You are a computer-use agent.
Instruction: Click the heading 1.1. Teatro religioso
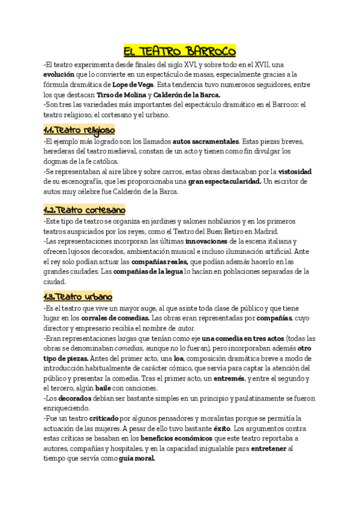[x=79, y=130]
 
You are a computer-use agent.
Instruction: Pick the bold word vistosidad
[x=292, y=172]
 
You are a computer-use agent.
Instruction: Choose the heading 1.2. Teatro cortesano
[x=84, y=210]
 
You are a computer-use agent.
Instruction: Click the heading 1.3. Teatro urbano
[x=78, y=297]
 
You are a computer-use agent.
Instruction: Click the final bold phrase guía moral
[x=137, y=459]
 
